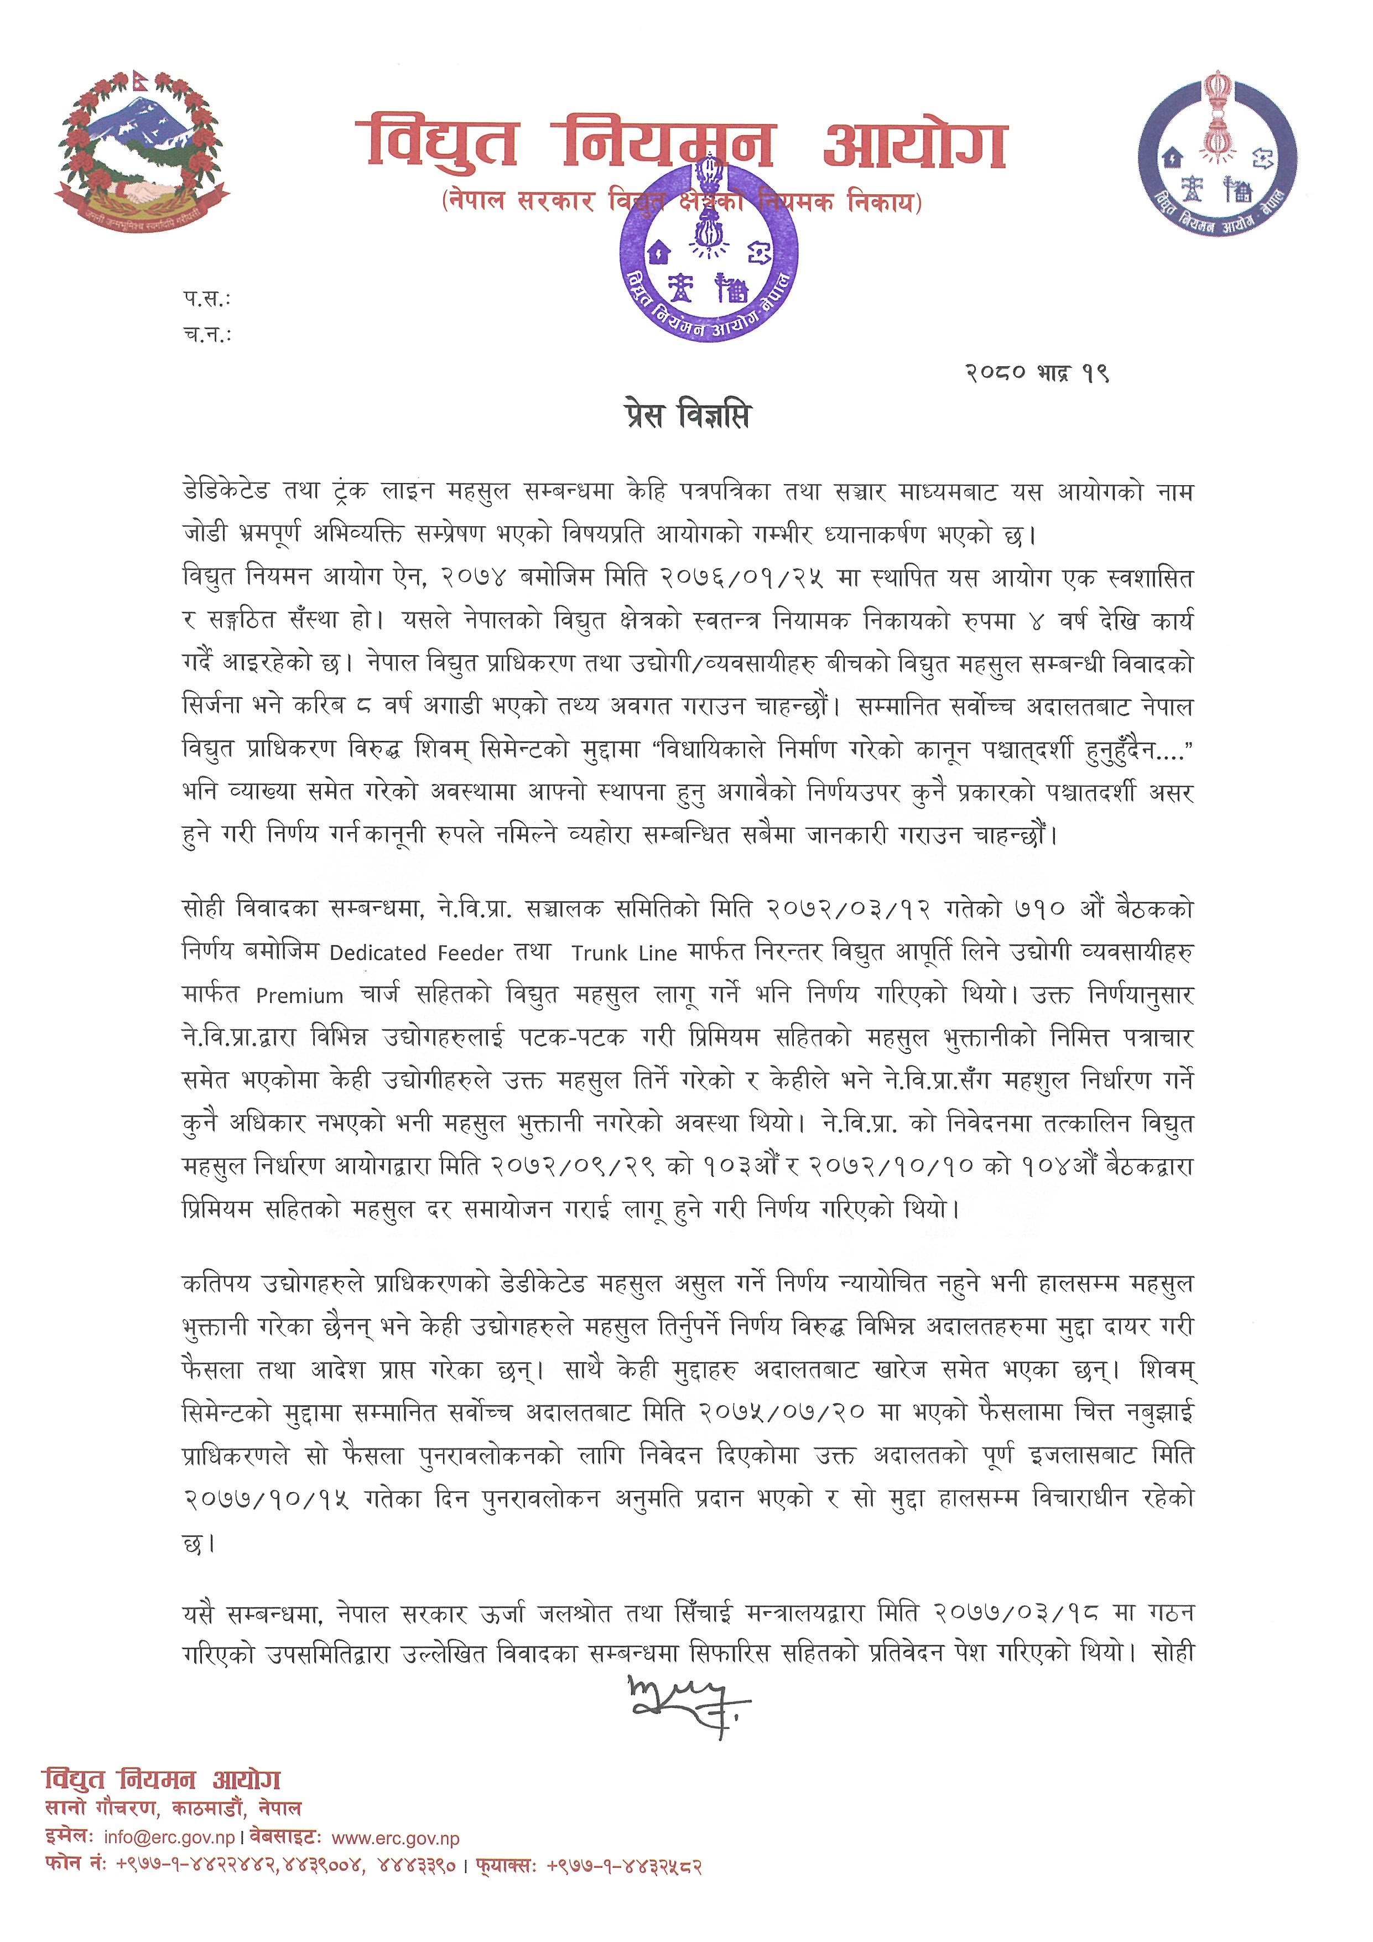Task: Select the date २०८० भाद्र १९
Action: tap(1037, 373)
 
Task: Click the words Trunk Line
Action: tap(624, 953)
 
